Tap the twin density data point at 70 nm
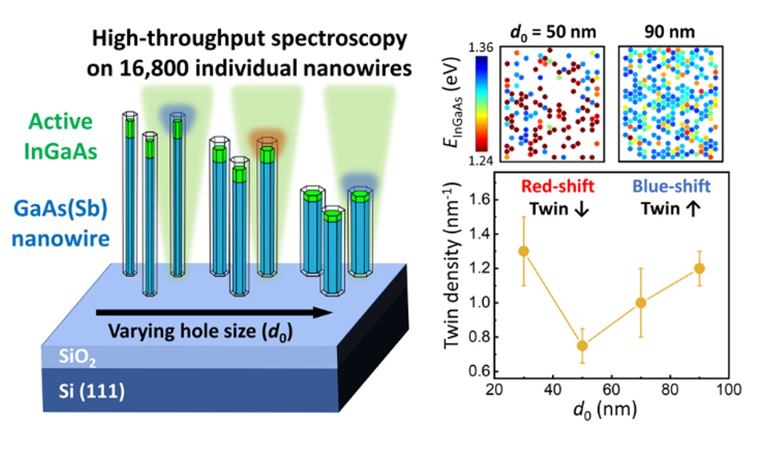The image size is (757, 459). click(x=641, y=302)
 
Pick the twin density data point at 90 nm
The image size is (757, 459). click(x=699, y=268)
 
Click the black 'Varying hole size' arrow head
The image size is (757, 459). click(x=324, y=311)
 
